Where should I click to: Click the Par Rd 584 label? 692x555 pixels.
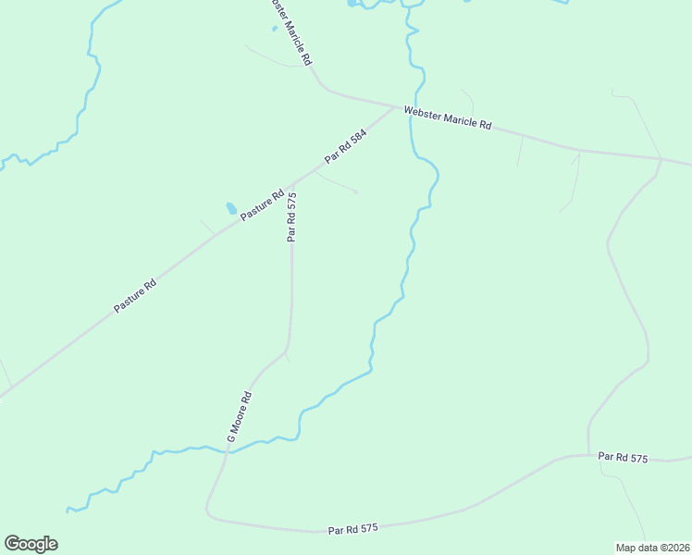[x=345, y=147]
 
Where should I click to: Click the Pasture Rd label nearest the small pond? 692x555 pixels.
[x=262, y=204]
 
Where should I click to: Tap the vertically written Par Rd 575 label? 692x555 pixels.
[x=291, y=216]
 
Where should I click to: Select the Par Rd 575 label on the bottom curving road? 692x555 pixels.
[x=354, y=529]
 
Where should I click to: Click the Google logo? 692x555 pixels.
[x=31, y=544]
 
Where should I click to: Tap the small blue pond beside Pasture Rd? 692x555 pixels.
[x=230, y=209]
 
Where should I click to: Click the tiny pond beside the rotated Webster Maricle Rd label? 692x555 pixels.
[x=274, y=28]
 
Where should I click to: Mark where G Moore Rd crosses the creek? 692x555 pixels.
[x=227, y=450]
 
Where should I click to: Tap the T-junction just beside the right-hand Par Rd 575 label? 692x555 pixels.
[x=589, y=455]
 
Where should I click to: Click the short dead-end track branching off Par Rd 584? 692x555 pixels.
[x=337, y=184]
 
